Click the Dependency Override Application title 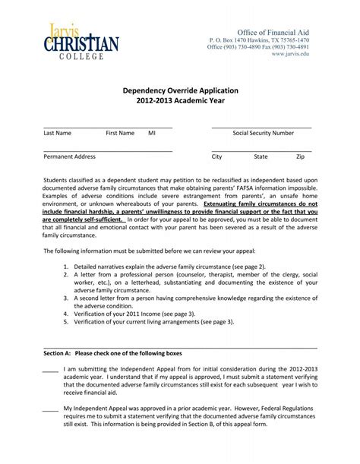click(x=179, y=90)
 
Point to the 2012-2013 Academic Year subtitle click(x=179, y=100)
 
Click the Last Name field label click(x=58, y=133)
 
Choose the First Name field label click(x=120, y=133)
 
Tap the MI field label click(x=152, y=133)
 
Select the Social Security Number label click(x=263, y=133)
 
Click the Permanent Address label click(x=70, y=156)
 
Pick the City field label click(x=216, y=156)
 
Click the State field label click(x=261, y=156)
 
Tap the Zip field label click(x=300, y=156)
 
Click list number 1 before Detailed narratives click(x=67, y=267)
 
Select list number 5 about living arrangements click(x=67, y=321)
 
